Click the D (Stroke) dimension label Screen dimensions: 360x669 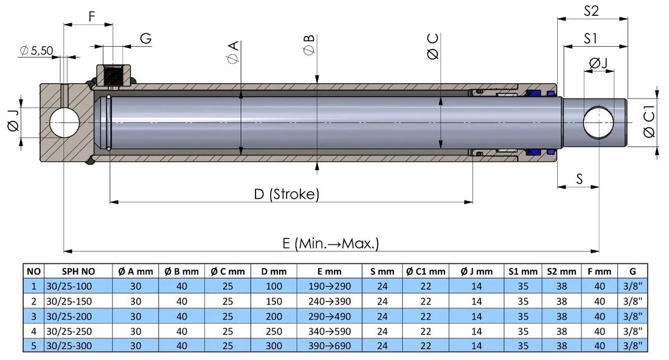(286, 195)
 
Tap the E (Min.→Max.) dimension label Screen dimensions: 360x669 (331, 243)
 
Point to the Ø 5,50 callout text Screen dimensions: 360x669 (37, 51)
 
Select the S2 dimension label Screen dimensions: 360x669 (592, 10)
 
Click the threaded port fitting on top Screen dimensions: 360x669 (113, 75)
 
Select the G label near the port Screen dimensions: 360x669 (145, 39)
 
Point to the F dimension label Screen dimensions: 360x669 (91, 16)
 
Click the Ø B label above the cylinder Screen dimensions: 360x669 (309, 46)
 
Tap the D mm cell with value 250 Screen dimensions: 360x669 (274, 331)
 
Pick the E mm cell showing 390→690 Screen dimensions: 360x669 (329, 345)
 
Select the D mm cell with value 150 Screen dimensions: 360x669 (274, 301)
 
